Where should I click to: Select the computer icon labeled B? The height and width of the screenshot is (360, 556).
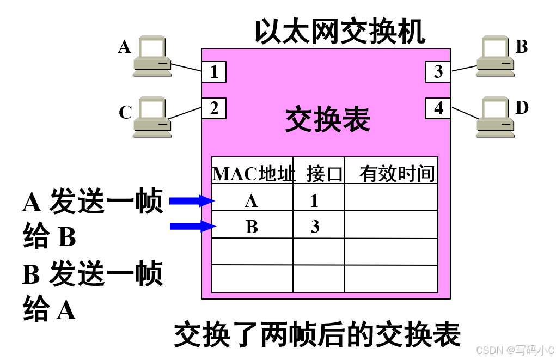tap(495, 56)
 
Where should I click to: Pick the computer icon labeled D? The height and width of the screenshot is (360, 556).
tap(495, 117)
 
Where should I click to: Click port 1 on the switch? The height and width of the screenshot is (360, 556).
tap(214, 71)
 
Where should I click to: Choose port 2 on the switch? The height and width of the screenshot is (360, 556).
tap(214, 108)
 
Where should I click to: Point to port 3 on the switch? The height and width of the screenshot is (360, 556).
tap(438, 71)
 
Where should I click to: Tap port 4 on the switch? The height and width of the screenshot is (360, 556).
tap(438, 108)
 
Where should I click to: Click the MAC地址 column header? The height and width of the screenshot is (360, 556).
tap(253, 174)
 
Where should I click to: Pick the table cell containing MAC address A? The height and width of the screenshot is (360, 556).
tap(251, 201)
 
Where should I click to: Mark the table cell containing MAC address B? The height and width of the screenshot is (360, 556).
tap(251, 226)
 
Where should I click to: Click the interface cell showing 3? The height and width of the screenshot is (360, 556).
tap(315, 226)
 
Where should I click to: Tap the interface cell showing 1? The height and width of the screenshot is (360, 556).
tap(314, 201)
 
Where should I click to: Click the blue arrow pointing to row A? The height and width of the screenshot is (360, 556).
tap(191, 201)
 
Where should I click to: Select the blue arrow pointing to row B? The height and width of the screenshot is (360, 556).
tap(191, 226)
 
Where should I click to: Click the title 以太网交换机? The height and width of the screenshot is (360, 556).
tap(340, 33)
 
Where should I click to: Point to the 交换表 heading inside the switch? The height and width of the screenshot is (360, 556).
tap(327, 120)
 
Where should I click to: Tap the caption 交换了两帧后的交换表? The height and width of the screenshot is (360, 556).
tap(317, 334)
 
